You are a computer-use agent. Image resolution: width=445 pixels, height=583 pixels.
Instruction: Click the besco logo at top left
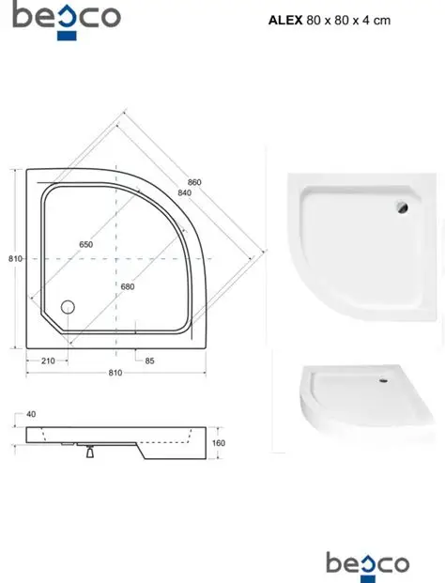coord(67,20)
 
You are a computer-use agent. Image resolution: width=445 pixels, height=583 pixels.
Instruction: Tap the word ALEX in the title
coord(285,20)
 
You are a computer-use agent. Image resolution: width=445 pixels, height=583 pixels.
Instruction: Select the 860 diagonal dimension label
coord(194,182)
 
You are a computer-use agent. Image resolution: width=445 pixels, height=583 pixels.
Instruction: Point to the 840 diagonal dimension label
coord(184,192)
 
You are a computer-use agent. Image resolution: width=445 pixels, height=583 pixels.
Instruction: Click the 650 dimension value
coord(85,244)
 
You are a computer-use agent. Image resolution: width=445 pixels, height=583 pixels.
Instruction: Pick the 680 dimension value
coord(128,286)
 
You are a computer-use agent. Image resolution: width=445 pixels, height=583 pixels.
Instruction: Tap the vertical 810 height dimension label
coord(15,258)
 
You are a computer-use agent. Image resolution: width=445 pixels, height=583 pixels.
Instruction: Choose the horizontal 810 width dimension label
coord(115,373)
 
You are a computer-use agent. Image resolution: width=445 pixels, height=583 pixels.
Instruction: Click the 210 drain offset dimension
coord(48,361)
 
